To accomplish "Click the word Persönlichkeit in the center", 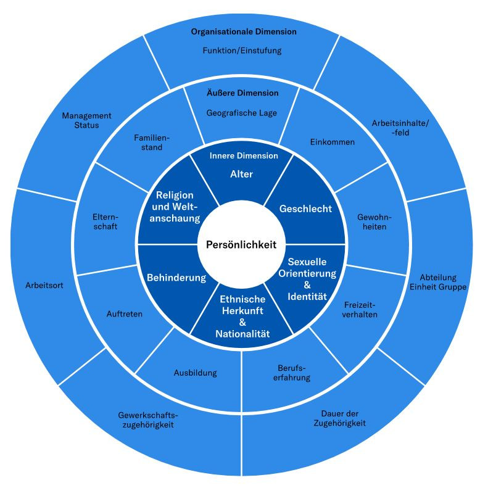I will (x=242, y=244).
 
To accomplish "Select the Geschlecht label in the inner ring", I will (x=305, y=209).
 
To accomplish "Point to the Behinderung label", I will (x=176, y=278).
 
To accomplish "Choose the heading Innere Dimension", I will (x=244, y=155).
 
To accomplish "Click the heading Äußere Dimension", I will (x=242, y=93).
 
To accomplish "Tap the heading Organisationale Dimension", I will (x=244, y=31).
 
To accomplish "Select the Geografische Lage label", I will (x=242, y=113).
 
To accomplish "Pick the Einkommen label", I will (x=332, y=142).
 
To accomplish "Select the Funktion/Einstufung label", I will (x=242, y=51).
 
